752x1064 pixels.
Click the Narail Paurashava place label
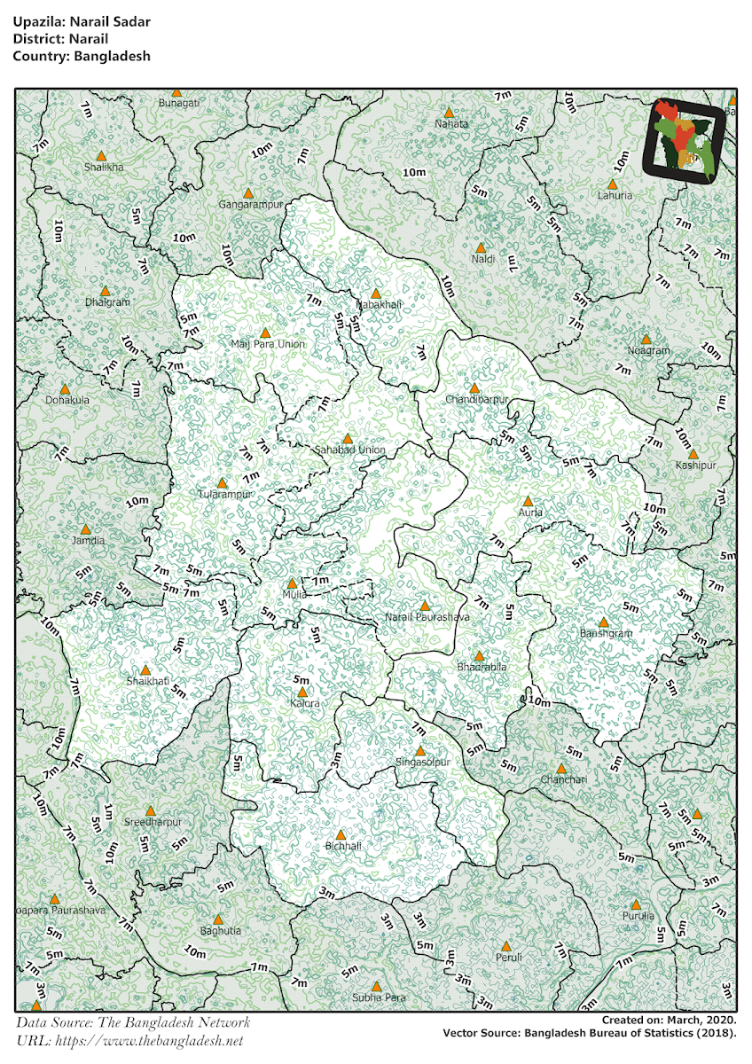pyautogui.click(x=427, y=616)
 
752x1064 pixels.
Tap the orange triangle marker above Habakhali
pyautogui.click(x=375, y=293)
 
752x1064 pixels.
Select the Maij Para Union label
pyautogui.click(x=267, y=344)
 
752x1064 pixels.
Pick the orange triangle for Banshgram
pyautogui.click(x=604, y=622)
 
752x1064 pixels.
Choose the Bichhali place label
pyautogui.click(x=343, y=846)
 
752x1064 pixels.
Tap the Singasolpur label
pyautogui.click(x=423, y=762)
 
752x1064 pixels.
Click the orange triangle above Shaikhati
pyautogui.click(x=145, y=669)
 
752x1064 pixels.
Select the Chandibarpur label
pyautogui.click(x=477, y=400)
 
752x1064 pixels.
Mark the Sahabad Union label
pyautogui.click(x=350, y=450)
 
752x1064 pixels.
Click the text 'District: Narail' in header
pyautogui.click(x=60, y=39)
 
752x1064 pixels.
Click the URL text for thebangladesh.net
pyautogui.click(x=129, y=1040)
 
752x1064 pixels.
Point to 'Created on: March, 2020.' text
pyautogui.click(x=668, y=1021)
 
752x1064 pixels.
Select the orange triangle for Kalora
pyautogui.click(x=302, y=692)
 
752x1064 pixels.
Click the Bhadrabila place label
pyautogui.click(x=482, y=666)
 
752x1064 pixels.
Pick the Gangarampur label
pyautogui.click(x=250, y=205)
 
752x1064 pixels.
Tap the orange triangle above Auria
pyautogui.click(x=529, y=501)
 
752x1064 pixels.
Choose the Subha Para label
pyautogui.click(x=379, y=997)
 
